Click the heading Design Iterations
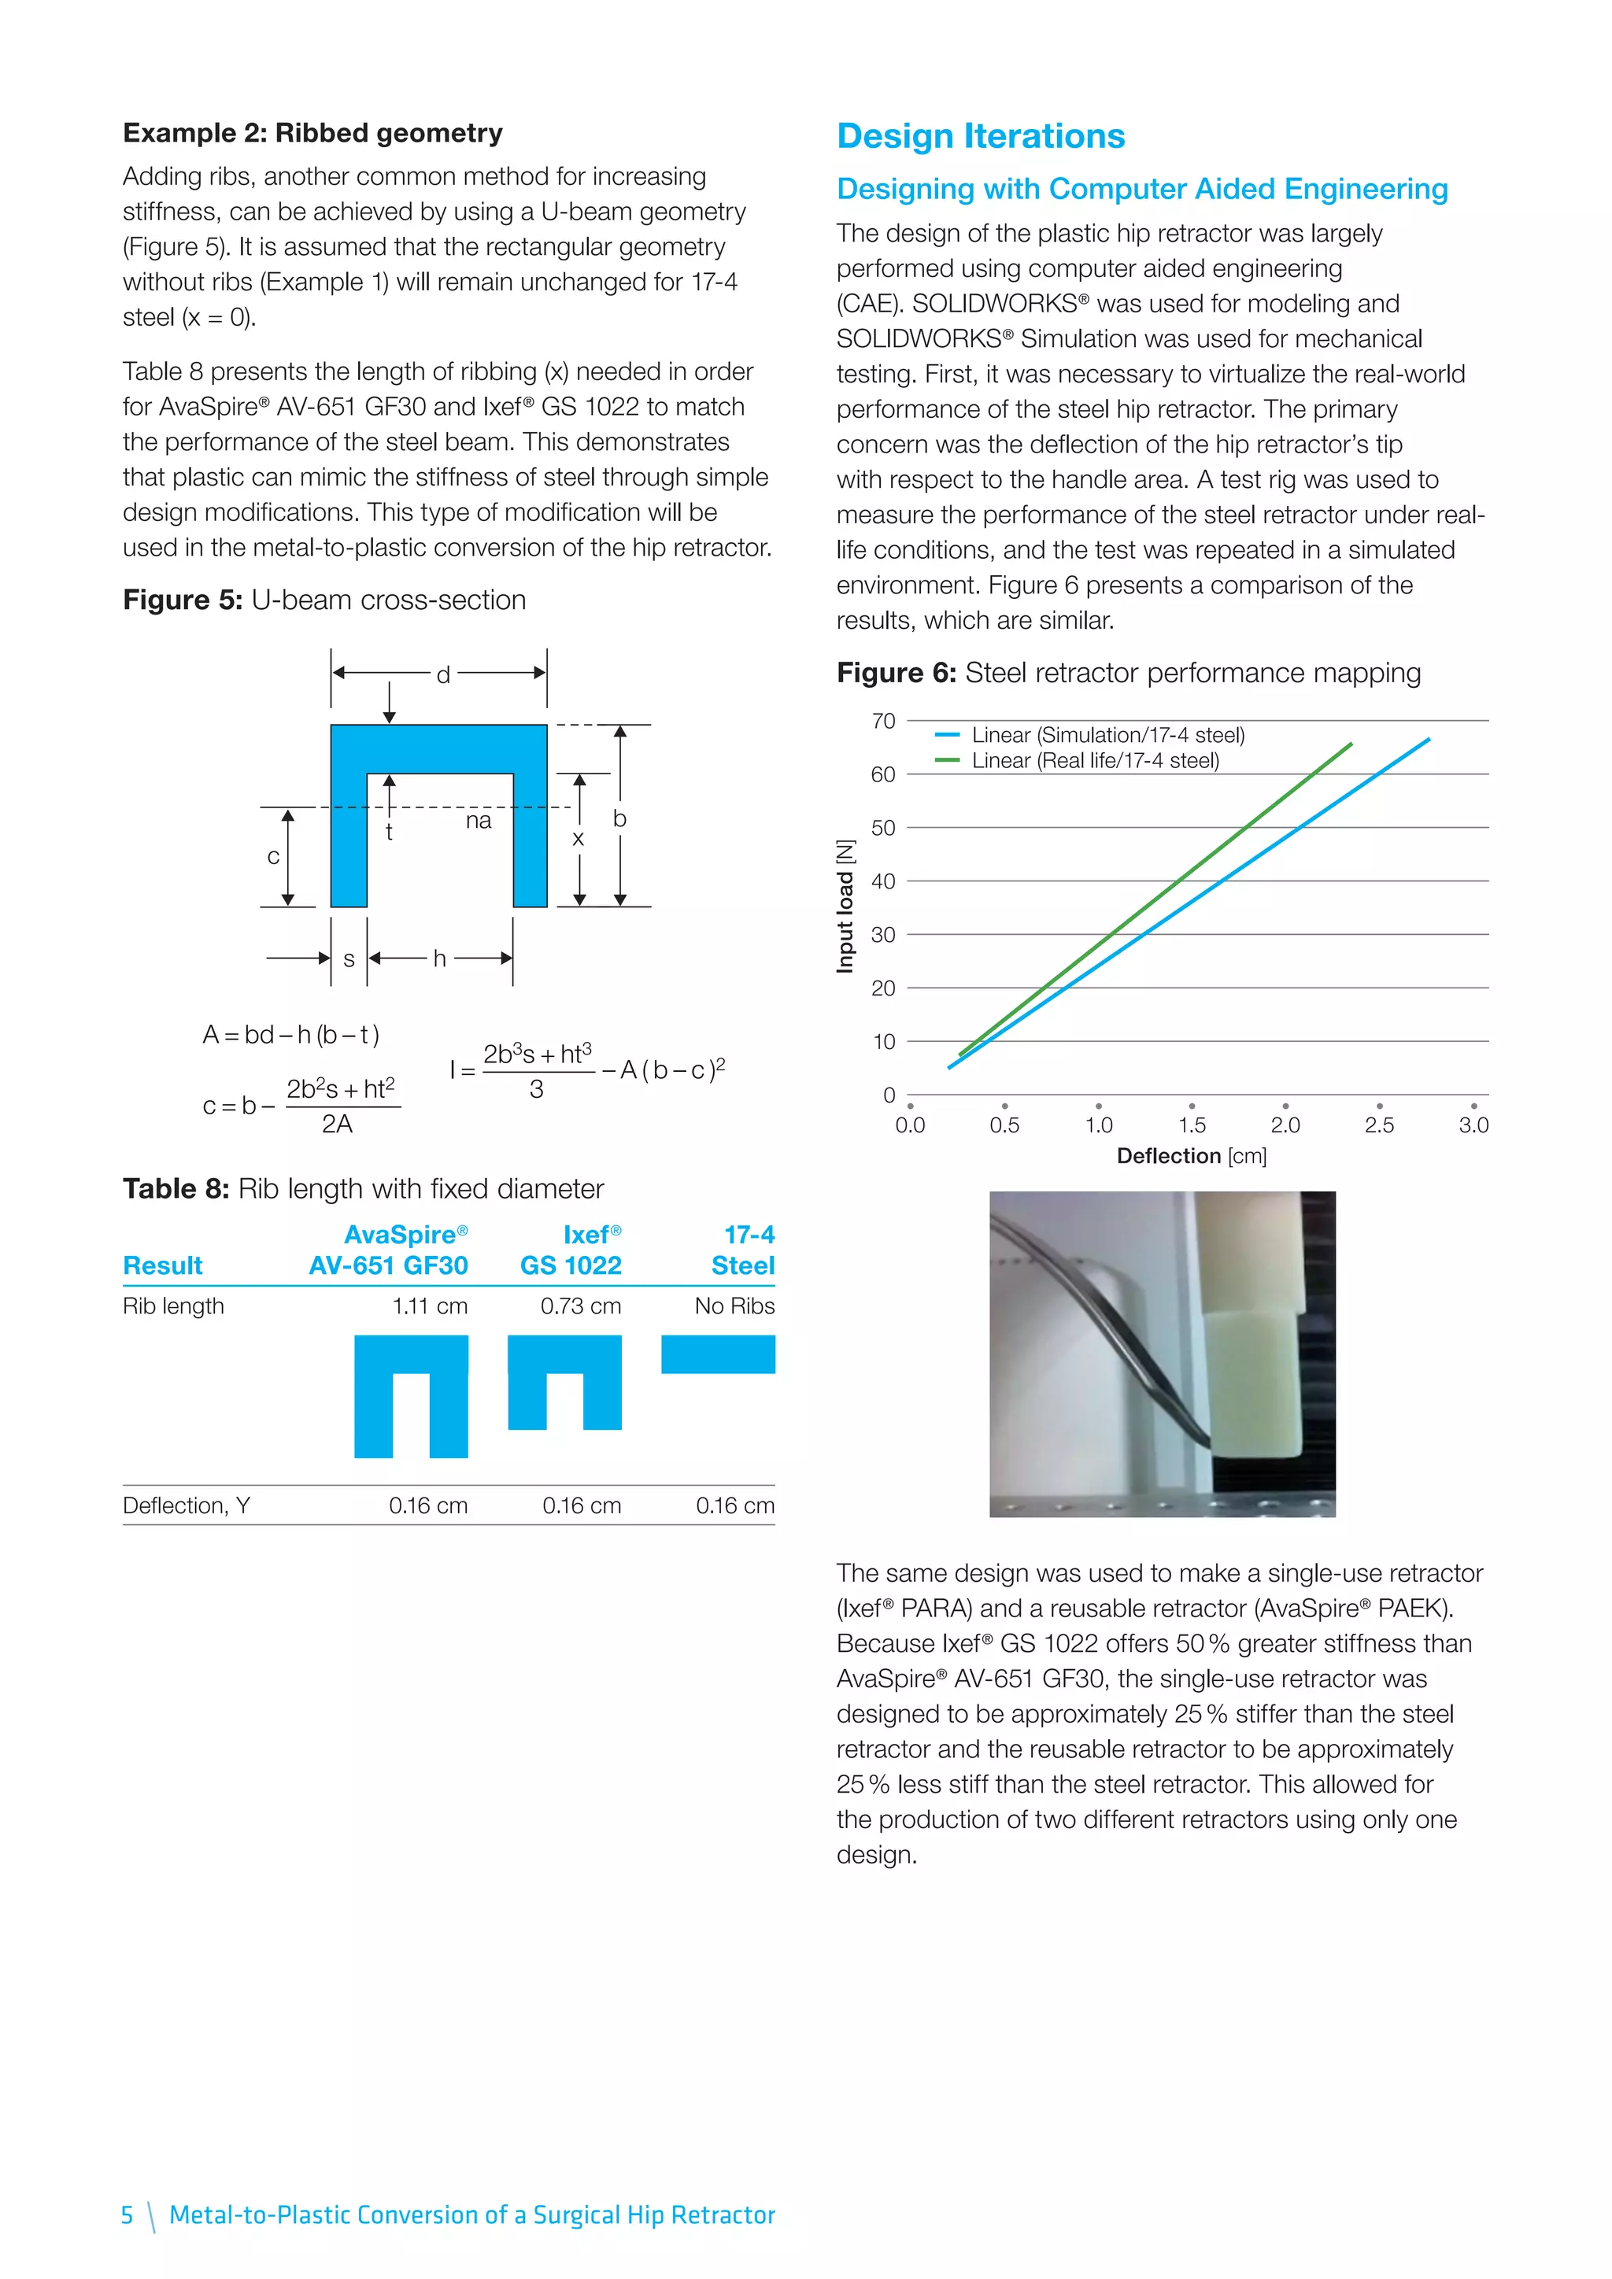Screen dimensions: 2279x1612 [x=980, y=136]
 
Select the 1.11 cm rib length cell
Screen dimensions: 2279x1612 [x=429, y=1306]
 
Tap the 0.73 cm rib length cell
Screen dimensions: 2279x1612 [x=581, y=1306]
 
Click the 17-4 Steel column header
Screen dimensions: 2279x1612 [x=745, y=1250]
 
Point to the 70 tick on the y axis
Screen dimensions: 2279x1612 [x=883, y=722]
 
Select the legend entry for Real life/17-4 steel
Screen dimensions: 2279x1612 [x=1094, y=761]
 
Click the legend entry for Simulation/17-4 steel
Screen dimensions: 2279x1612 [x=1107, y=736]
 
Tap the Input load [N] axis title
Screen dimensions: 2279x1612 [x=845, y=907]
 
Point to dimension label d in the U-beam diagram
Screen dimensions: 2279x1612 [x=444, y=675]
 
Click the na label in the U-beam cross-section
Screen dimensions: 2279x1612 [x=479, y=821]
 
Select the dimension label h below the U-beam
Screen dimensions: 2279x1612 [x=440, y=959]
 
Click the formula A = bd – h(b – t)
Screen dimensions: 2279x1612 [x=290, y=1036]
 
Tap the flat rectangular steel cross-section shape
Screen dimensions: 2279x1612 [x=718, y=1355]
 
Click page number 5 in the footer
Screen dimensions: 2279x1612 [x=127, y=2214]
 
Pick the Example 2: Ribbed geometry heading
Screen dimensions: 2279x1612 [x=312, y=133]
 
